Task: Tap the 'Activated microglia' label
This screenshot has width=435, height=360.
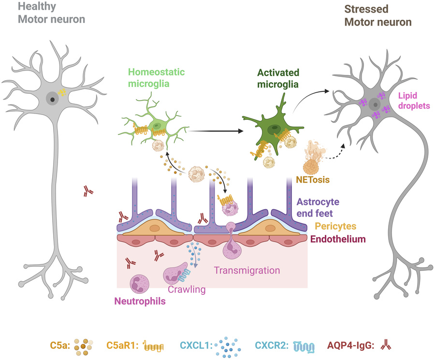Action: point(278,79)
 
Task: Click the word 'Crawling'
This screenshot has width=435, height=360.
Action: point(187,290)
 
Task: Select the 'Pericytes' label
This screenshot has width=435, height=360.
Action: point(333,227)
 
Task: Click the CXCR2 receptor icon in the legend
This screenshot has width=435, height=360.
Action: point(304,346)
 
